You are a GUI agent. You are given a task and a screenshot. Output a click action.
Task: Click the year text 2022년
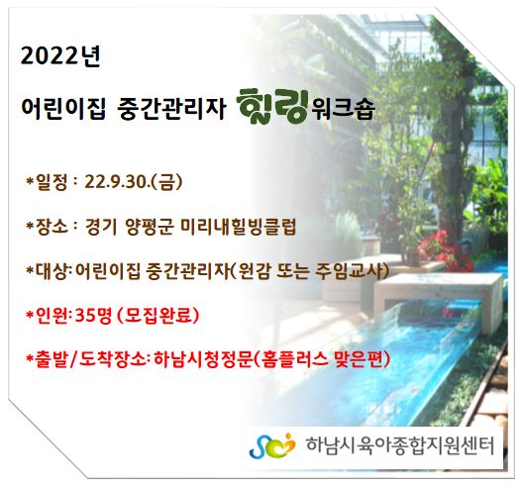(60, 56)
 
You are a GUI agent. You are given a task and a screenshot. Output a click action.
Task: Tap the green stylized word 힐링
(272, 107)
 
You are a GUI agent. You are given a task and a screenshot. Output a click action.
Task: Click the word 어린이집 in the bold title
(63, 109)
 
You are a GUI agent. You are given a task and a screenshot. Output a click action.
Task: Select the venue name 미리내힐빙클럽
(239, 228)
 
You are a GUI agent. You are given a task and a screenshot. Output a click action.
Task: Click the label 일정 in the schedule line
(52, 183)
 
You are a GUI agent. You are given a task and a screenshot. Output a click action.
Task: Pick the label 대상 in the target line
(52, 271)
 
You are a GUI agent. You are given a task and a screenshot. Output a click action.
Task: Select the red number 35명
(93, 316)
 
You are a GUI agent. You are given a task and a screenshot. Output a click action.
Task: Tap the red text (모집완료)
(158, 316)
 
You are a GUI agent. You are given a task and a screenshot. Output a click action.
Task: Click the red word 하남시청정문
(202, 359)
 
